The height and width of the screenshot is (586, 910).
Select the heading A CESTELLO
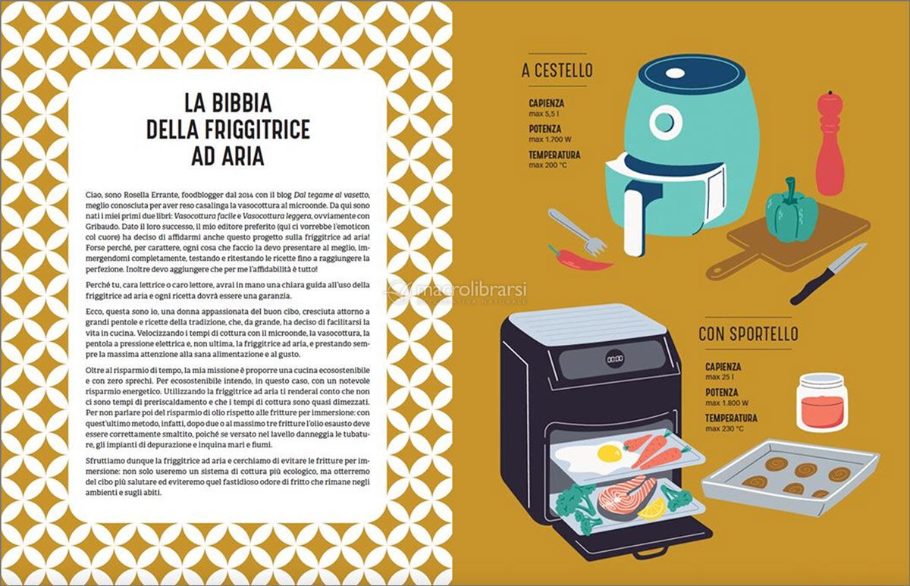pyautogui.click(x=557, y=71)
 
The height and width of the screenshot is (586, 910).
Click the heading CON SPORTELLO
pyautogui.click(x=748, y=334)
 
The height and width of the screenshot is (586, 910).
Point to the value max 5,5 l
pyautogui.click(x=544, y=114)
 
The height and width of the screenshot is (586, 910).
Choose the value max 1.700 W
pyautogui.click(x=550, y=139)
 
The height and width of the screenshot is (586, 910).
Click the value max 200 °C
pyautogui.click(x=548, y=165)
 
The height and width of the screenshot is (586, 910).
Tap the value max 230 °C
pyautogui.click(x=725, y=428)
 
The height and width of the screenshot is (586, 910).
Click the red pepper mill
pyautogui.click(x=830, y=143)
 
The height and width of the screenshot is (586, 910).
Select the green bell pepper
pyautogui.click(x=792, y=212)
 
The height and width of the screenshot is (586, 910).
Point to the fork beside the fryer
pyautogui.click(x=577, y=232)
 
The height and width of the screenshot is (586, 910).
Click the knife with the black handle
pyautogui.click(x=829, y=274)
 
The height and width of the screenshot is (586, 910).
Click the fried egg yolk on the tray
pyautogui.click(x=610, y=453)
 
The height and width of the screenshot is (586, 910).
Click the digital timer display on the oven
pyautogui.click(x=615, y=359)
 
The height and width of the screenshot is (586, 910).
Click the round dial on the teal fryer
pyautogui.click(x=665, y=121)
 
